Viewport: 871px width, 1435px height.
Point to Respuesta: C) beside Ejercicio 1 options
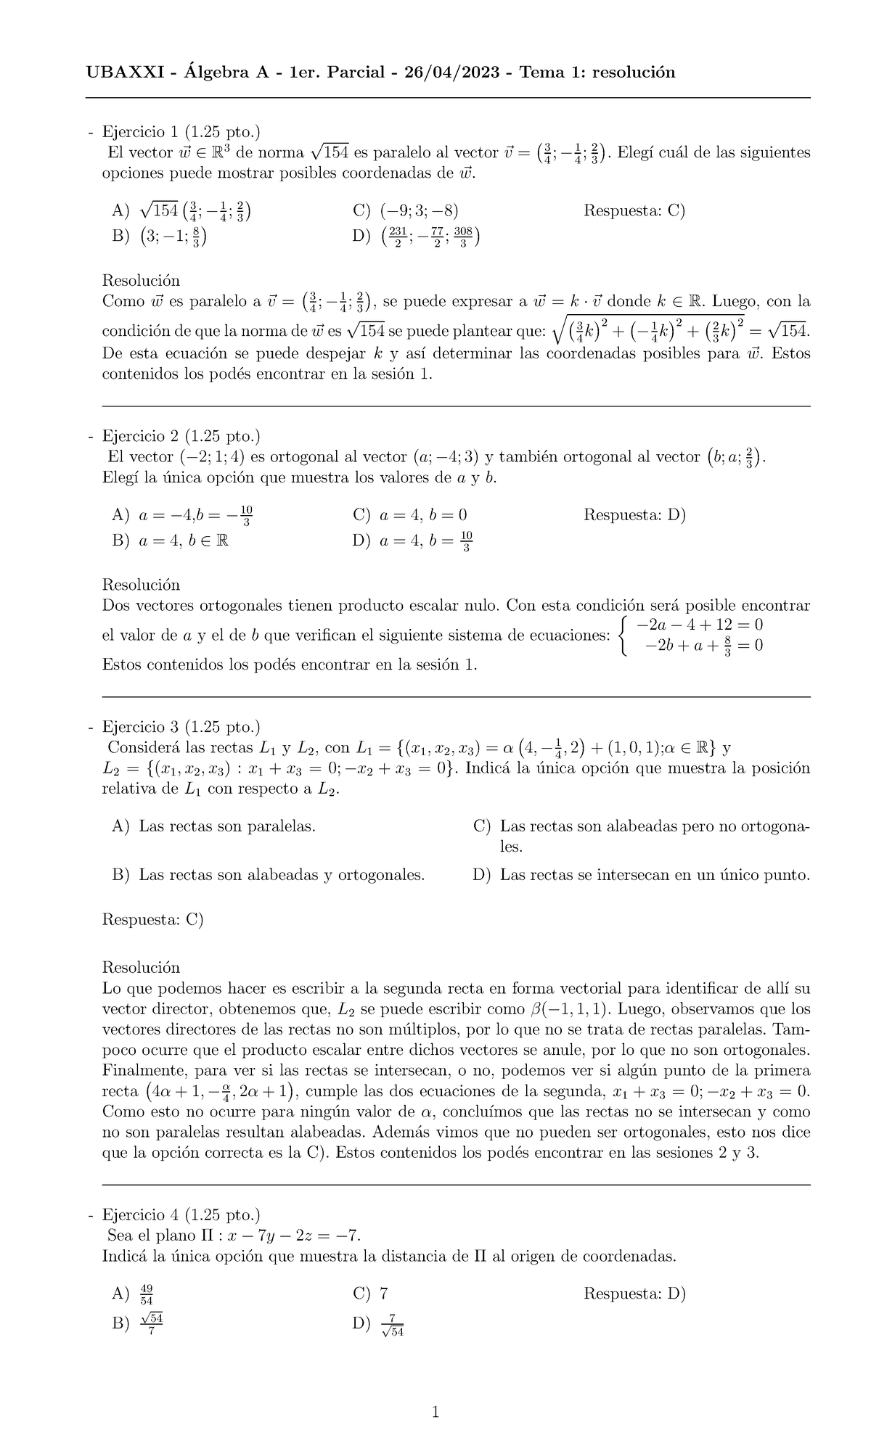point(634,211)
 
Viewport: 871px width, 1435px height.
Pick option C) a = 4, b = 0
point(410,515)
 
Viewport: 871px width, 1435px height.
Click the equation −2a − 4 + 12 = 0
point(699,625)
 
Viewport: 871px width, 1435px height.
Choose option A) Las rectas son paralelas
point(214,826)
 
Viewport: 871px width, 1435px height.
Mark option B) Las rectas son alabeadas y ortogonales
point(269,875)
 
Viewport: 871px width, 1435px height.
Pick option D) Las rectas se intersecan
point(641,875)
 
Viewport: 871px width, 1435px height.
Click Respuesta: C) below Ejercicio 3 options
point(153,919)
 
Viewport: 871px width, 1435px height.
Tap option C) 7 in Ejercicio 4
point(371,1294)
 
